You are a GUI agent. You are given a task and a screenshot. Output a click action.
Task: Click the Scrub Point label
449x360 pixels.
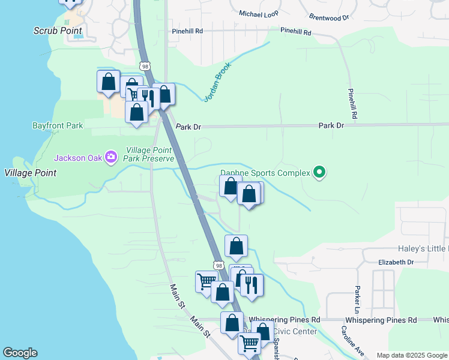click(58, 30)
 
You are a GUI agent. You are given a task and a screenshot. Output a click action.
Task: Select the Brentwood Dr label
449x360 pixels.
click(328, 17)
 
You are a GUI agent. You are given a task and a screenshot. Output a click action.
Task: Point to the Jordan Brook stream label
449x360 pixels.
click(217, 83)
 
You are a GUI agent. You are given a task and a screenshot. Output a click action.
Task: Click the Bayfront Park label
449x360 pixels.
click(58, 126)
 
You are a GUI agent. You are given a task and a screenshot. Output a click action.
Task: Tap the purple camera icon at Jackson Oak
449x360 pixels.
click(110, 158)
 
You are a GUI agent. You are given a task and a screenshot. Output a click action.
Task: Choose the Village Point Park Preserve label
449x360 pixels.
click(149, 155)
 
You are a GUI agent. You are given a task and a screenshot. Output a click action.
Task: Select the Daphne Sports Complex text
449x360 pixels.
click(265, 173)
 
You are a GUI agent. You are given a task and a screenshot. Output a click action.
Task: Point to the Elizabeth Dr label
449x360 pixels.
click(396, 262)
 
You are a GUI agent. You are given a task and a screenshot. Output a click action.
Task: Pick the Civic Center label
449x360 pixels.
click(295, 331)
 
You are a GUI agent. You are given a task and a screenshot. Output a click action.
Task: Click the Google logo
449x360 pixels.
click(20, 353)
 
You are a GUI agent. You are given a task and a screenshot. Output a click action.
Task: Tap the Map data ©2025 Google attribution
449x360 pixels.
click(412, 355)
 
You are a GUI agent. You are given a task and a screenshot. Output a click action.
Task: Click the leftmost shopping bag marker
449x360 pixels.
click(108, 82)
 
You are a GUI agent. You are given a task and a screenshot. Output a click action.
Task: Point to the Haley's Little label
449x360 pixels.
click(423, 248)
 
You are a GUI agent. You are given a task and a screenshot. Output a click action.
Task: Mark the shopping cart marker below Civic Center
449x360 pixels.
click(249, 343)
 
